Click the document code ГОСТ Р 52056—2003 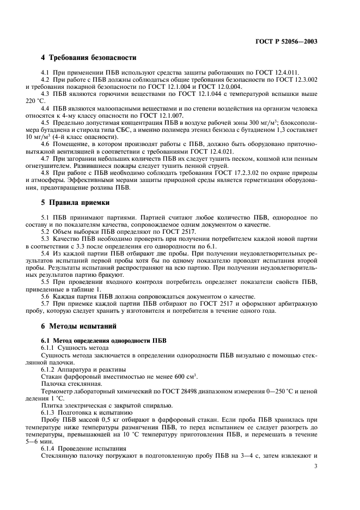click(288, 42)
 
